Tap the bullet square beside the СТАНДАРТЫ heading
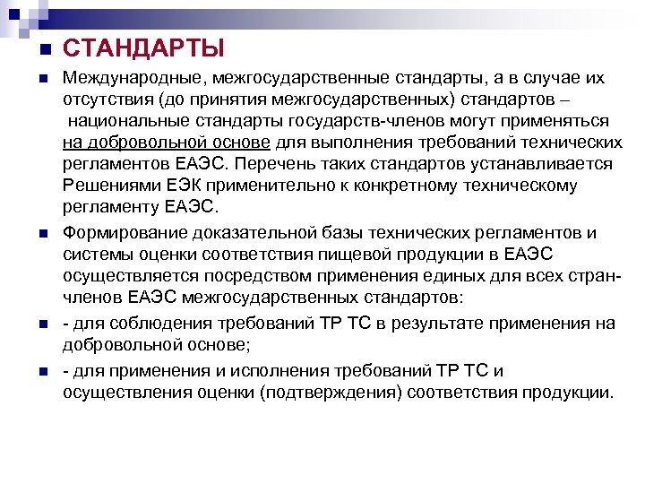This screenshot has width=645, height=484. (x=42, y=48)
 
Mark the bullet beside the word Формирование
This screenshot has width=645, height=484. (x=42, y=234)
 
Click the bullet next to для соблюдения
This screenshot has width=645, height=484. (x=42, y=324)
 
